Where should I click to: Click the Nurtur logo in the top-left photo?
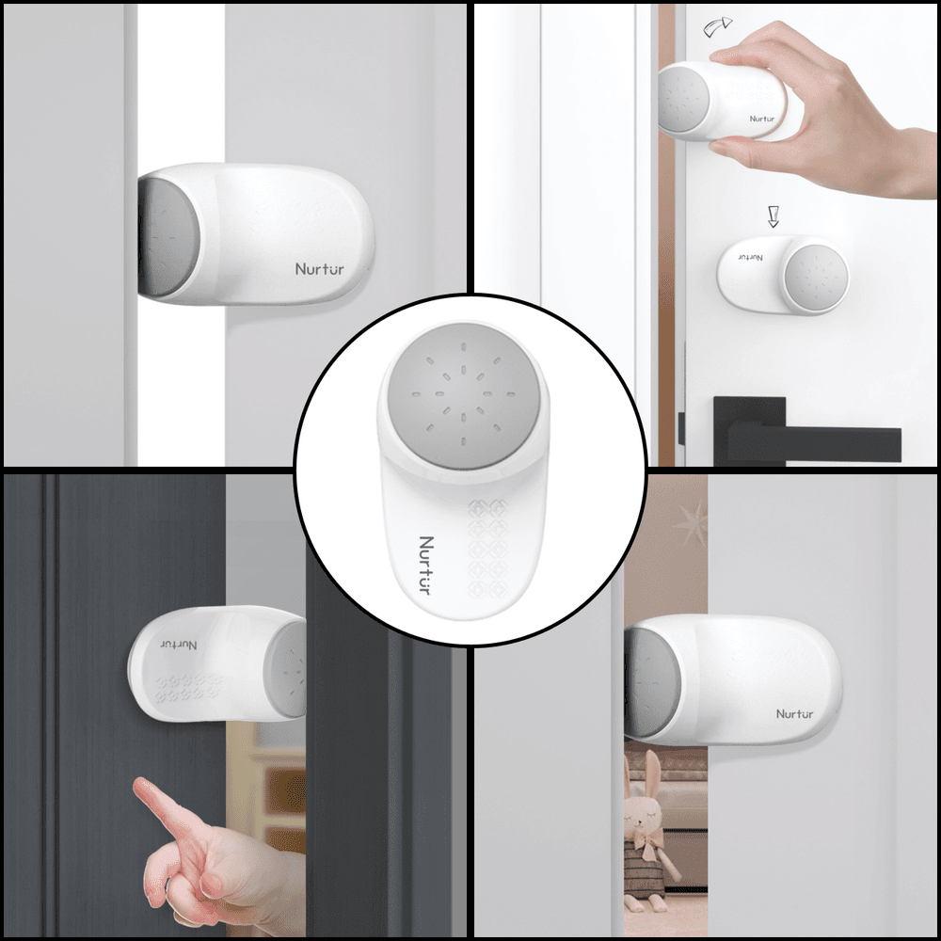click(x=320, y=269)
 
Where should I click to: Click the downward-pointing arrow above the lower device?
click(x=774, y=216)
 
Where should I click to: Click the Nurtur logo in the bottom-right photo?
click(x=795, y=713)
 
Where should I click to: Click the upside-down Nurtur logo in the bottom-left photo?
click(x=179, y=643)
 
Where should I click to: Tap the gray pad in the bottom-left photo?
click(x=288, y=668)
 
